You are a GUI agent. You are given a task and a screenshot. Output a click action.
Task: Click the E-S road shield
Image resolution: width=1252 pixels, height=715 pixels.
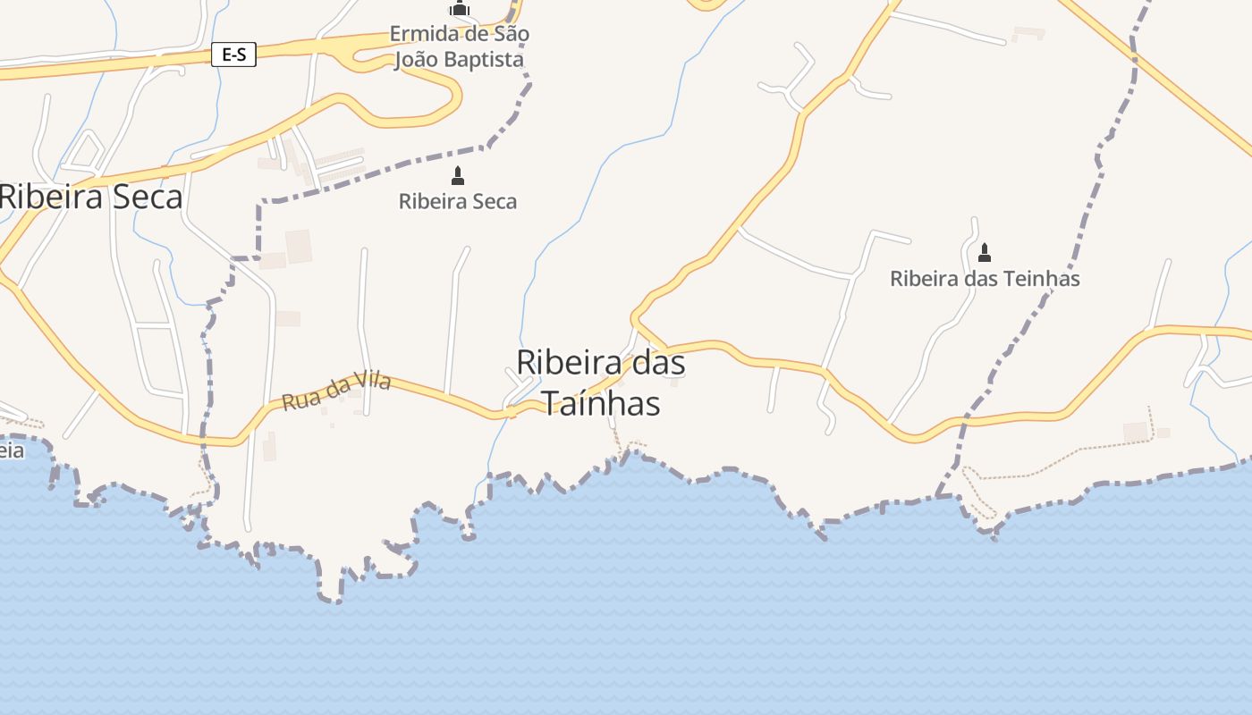click(233, 55)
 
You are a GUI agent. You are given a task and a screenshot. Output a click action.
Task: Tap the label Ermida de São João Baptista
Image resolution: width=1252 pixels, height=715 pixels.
click(459, 47)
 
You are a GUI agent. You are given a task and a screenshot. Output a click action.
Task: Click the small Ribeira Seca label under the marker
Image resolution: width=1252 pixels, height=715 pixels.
click(458, 202)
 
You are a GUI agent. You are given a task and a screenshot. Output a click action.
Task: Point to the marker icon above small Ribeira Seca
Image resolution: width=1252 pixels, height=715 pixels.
click(458, 176)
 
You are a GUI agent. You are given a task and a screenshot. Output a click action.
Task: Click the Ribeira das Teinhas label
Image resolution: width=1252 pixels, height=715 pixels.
click(985, 279)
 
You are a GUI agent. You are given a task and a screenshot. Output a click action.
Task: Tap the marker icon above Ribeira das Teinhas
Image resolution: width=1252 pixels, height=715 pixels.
click(985, 252)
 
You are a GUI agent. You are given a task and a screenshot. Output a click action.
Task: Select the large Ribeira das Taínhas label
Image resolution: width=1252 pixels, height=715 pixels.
click(601, 383)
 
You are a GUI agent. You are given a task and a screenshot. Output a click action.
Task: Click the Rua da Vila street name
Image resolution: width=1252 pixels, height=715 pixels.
click(336, 392)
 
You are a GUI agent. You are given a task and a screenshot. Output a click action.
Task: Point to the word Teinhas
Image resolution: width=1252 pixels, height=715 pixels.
click(1043, 279)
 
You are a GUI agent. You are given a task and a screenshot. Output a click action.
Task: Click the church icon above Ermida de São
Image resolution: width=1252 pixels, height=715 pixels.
click(460, 9)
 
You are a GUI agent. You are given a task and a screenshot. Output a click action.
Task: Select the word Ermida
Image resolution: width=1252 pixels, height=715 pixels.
click(419, 34)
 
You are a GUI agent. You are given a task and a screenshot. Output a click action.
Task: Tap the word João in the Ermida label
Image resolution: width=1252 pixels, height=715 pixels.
click(418, 60)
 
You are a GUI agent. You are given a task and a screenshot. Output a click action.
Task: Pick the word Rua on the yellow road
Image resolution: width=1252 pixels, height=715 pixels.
click(298, 401)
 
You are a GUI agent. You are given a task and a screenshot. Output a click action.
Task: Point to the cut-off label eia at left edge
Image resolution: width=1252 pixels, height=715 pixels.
click(12, 450)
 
